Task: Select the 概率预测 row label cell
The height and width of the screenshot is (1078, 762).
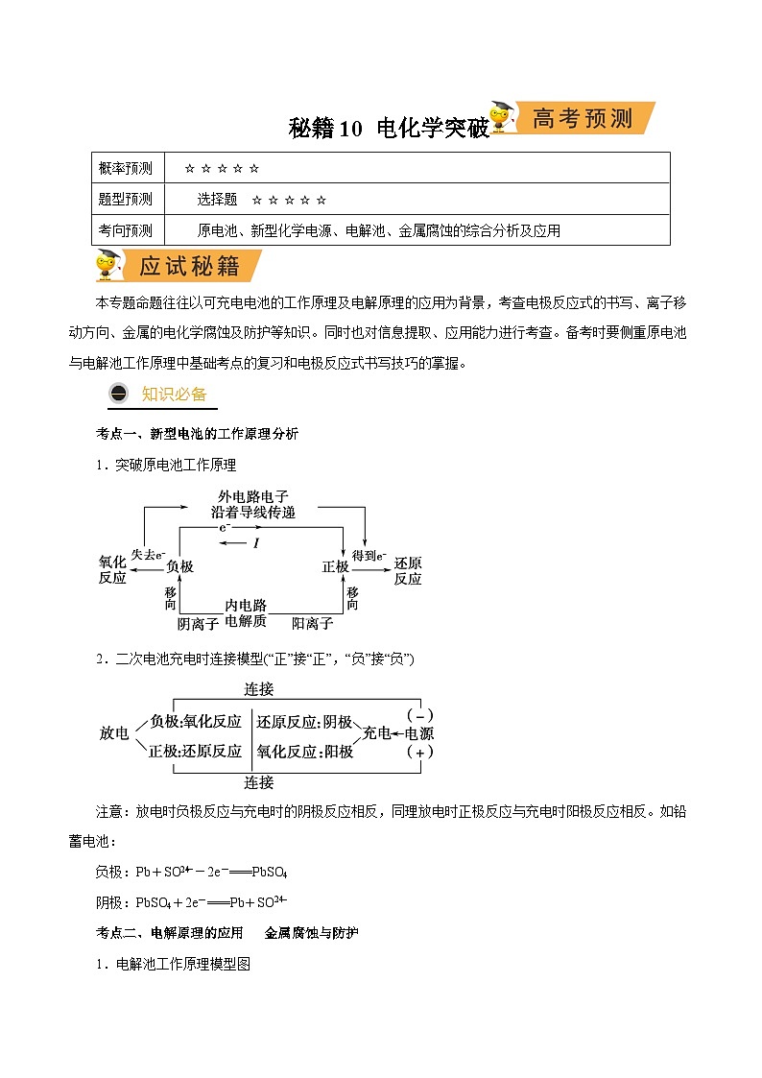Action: pos(126,169)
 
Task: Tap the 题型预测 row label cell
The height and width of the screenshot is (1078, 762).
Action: pos(126,199)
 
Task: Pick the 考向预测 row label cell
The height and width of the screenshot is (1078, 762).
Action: pos(126,230)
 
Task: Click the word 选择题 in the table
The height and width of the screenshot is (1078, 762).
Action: pos(217,199)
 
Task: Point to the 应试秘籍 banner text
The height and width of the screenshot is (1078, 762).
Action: pos(187,265)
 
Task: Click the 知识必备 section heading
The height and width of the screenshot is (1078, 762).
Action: pos(174,394)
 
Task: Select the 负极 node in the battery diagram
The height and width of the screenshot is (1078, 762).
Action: pos(179,567)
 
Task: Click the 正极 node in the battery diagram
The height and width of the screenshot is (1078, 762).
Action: pos(335,567)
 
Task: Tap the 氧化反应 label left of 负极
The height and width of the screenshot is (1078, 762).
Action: pos(112,570)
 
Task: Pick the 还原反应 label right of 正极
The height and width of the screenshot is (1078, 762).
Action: pos(408,570)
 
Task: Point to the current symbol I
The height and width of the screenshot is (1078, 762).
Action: pos(256,543)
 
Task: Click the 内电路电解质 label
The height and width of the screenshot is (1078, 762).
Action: pos(246,613)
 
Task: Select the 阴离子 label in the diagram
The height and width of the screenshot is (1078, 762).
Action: pos(198,624)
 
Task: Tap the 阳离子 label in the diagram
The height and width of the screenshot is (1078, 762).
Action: pos(313,624)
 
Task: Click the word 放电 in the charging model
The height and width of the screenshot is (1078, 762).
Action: pos(113,733)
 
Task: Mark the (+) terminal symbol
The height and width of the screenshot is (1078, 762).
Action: pos(419,753)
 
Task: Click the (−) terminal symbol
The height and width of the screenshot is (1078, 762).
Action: pos(419,715)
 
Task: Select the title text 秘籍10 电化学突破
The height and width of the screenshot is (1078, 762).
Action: pos(390,129)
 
